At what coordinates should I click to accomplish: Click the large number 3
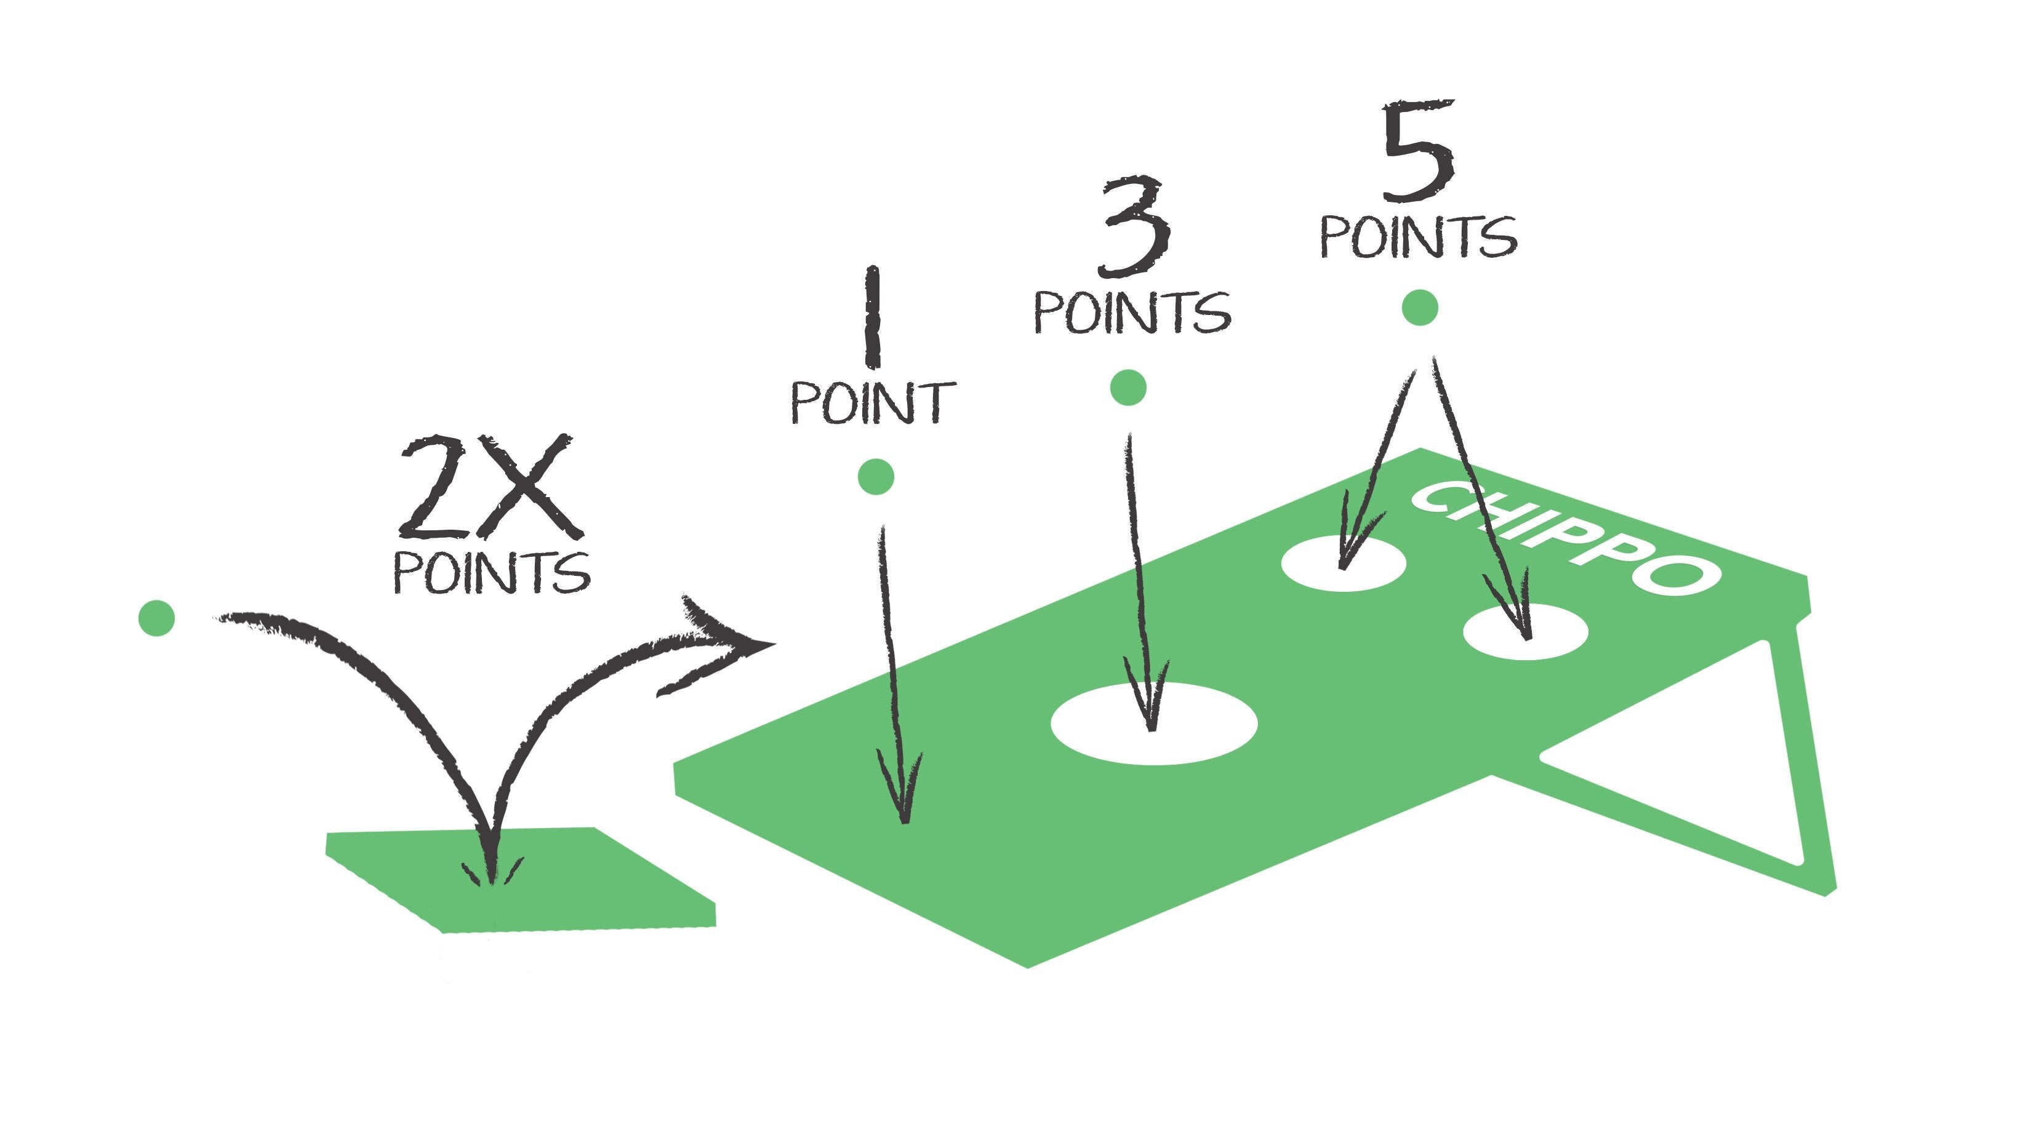(x=1134, y=226)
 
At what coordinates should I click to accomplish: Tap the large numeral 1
(x=872, y=317)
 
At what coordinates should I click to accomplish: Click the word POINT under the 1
(x=873, y=403)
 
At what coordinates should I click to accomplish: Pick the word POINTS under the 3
(x=1132, y=312)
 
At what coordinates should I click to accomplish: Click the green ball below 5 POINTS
(x=1420, y=308)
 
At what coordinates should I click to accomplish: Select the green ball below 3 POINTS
(x=1128, y=387)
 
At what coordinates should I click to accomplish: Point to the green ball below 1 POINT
(x=875, y=476)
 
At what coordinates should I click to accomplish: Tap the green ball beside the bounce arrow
(x=156, y=617)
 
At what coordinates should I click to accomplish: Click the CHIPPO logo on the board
(x=1565, y=538)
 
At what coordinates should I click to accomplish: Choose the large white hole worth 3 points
(x=1154, y=723)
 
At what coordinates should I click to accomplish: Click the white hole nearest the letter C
(x=1344, y=564)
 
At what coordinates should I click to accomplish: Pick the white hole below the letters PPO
(x=1526, y=630)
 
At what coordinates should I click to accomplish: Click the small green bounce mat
(x=520, y=880)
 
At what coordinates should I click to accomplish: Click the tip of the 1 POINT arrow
(x=904, y=824)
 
